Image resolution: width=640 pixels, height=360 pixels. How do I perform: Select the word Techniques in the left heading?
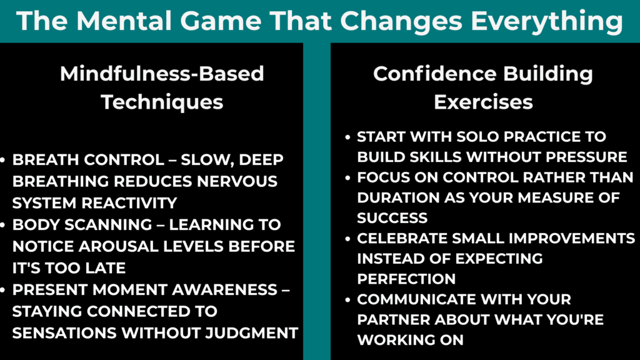click(x=162, y=102)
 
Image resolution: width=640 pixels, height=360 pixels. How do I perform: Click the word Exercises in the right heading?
click(x=483, y=102)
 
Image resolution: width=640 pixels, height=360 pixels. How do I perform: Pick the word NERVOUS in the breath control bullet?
click(x=238, y=181)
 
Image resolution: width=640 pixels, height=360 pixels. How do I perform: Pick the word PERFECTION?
click(x=406, y=278)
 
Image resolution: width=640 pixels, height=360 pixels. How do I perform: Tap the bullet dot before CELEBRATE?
click(x=348, y=239)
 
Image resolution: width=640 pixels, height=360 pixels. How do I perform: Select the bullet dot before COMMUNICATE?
click(x=348, y=300)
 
